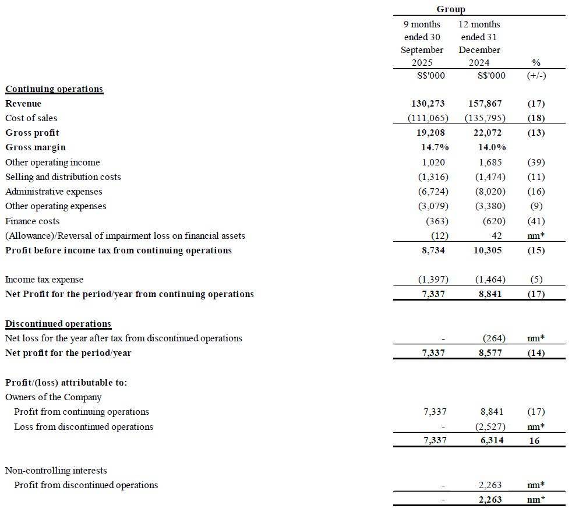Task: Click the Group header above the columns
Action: pyautogui.click(x=450, y=9)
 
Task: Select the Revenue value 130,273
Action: pyautogui.click(x=428, y=104)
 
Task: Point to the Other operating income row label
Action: pyautogui.click(x=52, y=163)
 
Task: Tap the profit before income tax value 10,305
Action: pyautogui.click(x=485, y=250)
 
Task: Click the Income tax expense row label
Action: pyautogui.click(x=44, y=280)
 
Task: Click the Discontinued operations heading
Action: pyautogui.click(x=58, y=324)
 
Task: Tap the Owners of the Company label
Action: pyautogui.click(x=53, y=397)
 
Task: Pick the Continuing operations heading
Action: pyautogui.click(x=54, y=89)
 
